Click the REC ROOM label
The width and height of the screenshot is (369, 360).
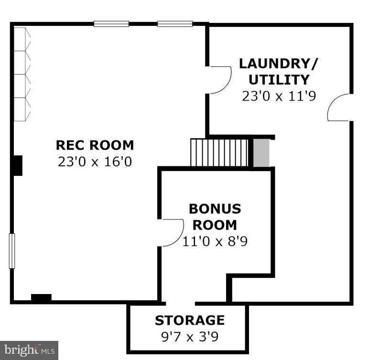(95, 144)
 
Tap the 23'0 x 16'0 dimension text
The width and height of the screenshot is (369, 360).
(95, 161)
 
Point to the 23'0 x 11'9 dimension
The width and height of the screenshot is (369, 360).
(279, 96)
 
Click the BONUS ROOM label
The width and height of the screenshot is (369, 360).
(215, 217)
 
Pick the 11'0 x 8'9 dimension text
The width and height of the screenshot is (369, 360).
(215, 241)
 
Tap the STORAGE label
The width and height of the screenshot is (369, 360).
(189, 320)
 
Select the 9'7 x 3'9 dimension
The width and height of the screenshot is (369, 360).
(189, 337)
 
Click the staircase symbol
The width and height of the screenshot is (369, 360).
(220, 152)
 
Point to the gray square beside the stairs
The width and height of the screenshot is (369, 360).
(261, 153)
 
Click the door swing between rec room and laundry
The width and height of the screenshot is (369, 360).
(219, 79)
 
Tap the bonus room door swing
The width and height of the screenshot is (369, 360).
(172, 232)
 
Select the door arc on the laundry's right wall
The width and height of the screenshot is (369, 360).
(340, 107)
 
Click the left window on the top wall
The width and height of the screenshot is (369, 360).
(111, 23)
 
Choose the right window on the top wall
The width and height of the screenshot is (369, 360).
(175, 23)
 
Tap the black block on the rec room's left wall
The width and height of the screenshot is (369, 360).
(18, 165)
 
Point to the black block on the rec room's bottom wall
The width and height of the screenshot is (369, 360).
(41, 298)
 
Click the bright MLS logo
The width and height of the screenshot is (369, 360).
(29, 350)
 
